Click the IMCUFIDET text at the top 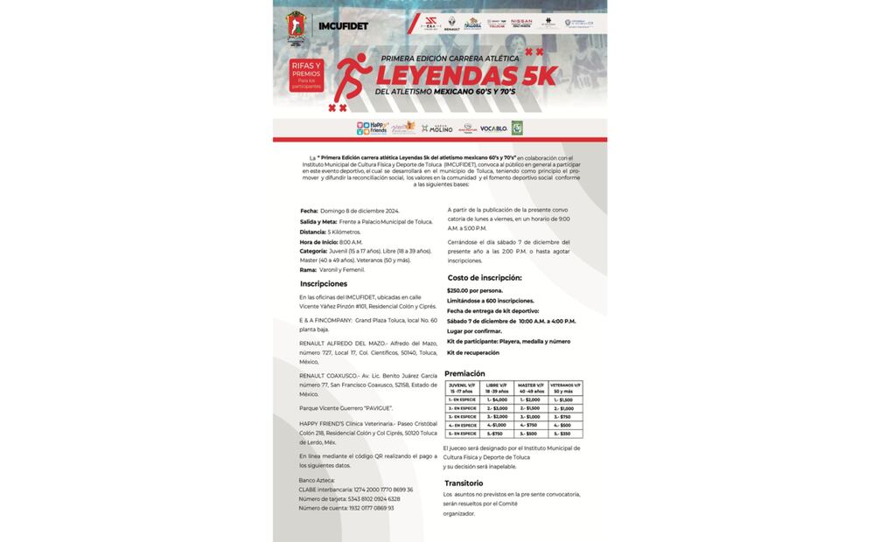[342, 26]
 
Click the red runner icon [353, 78]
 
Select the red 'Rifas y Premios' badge [306, 76]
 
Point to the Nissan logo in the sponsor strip [521, 23]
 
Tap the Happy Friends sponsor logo [373, 129]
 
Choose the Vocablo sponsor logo [493, 129]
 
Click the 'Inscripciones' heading [324, 284]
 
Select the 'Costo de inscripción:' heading [485, 278]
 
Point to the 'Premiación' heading [464, 373]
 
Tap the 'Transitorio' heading [464, 483]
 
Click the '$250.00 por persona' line [475, 290]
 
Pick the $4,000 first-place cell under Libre [495, 400]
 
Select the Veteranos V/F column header [566, 387]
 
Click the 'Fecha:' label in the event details [309, 211]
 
